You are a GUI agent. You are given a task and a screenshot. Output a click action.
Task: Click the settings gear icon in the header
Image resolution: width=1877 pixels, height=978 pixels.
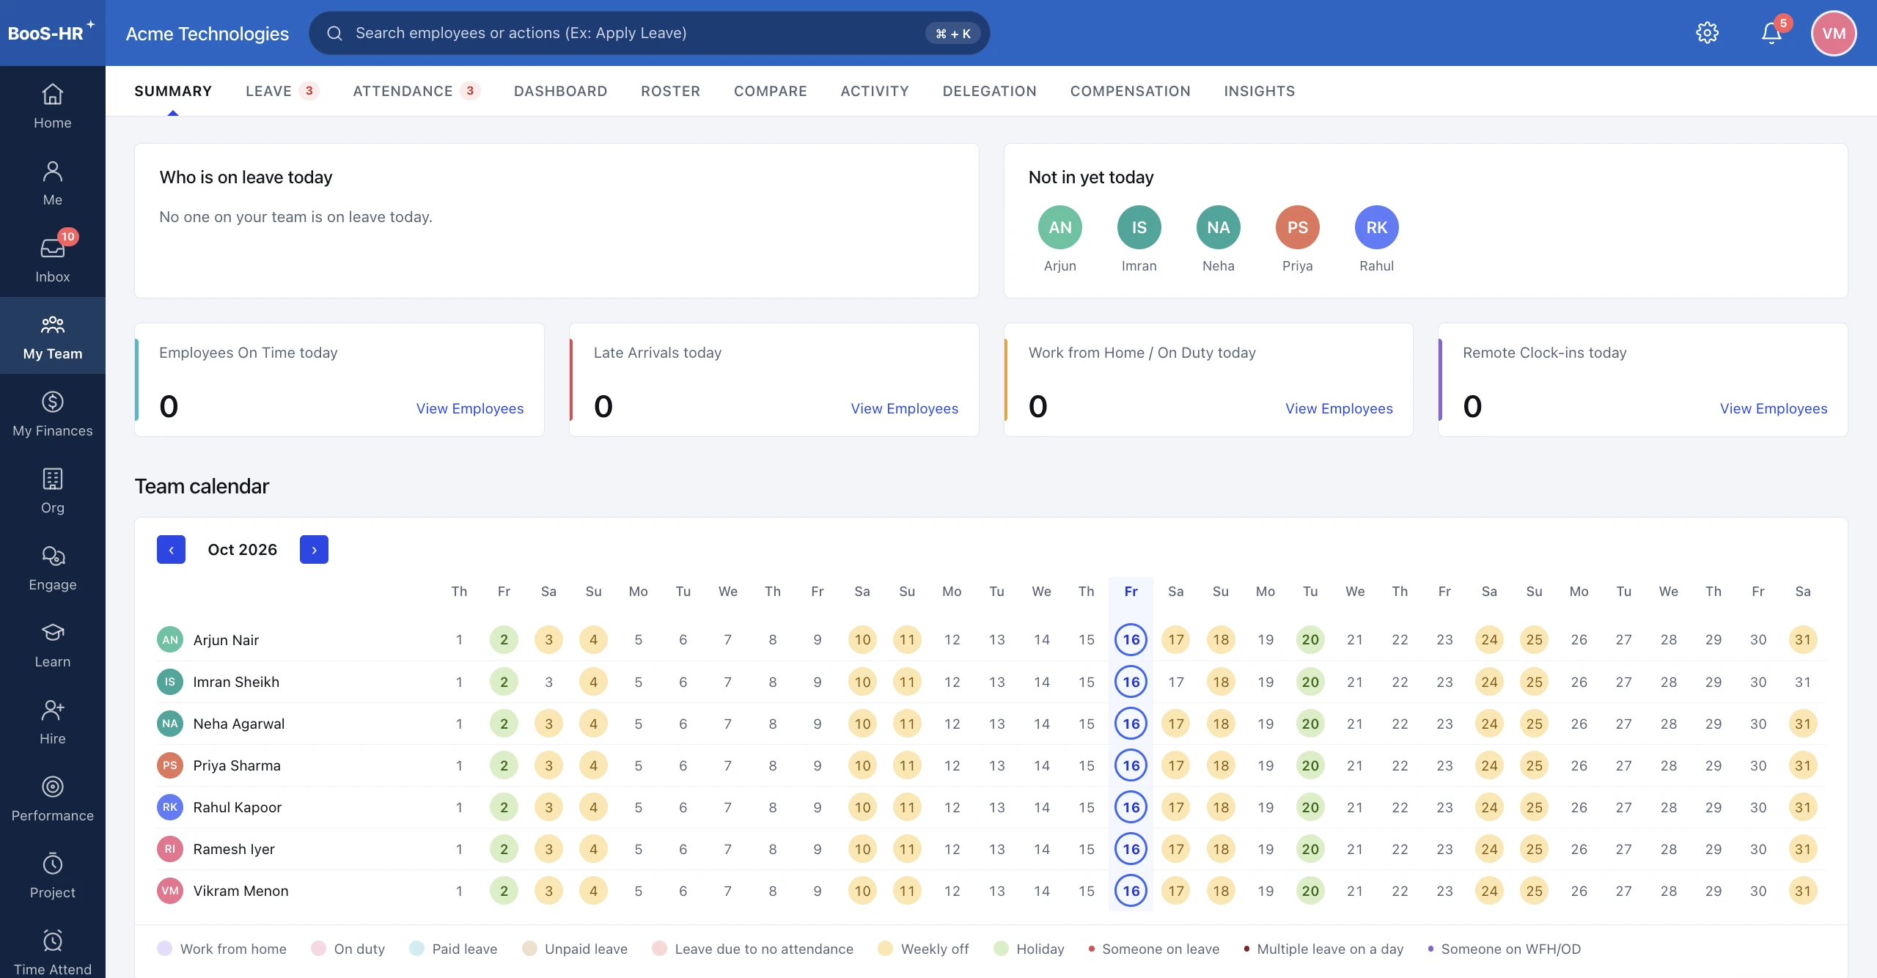click(1707, 33)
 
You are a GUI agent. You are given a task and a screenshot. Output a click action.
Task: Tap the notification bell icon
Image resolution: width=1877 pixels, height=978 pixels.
click(1771, 33)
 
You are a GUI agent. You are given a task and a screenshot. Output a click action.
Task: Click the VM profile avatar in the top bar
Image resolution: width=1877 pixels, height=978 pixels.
click(1834, 33)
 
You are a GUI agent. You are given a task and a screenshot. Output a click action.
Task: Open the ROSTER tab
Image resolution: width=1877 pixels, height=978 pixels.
click(670, 91)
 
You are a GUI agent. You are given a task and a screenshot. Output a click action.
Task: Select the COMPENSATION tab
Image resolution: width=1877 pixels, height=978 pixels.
click(1130, 91)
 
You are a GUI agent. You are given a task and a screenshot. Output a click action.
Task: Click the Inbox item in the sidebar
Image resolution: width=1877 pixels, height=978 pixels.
click(53, 259)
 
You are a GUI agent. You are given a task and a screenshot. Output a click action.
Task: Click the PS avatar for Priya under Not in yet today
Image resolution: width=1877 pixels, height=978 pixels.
click(1297, 227)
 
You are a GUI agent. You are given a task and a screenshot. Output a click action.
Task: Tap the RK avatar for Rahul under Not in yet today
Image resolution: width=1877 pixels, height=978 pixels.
click(1376, 227)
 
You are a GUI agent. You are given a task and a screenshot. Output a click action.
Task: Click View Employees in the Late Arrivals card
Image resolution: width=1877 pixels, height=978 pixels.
click(904, 408)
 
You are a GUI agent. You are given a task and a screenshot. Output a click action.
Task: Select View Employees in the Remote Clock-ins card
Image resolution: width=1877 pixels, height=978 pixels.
click(1774, 408)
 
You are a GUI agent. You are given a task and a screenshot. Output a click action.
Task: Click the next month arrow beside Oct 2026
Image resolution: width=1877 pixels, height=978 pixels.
click(314, 550)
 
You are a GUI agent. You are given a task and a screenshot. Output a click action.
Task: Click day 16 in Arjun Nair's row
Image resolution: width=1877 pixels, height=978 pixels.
click(1131, 639)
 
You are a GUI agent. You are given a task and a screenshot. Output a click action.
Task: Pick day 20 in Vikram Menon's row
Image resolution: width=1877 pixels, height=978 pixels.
click(1310, 891)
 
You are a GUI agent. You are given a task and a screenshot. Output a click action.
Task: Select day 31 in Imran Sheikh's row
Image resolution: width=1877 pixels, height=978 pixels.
click(1803, 682)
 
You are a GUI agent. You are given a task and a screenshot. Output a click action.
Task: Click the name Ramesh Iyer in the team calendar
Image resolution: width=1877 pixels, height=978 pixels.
click(234, 849)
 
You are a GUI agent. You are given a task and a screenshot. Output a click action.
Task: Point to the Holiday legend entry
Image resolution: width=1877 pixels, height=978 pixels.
click(1029, 949)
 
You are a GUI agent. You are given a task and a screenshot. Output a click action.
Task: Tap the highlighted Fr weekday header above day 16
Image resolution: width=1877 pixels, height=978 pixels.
click(1131, 592)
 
